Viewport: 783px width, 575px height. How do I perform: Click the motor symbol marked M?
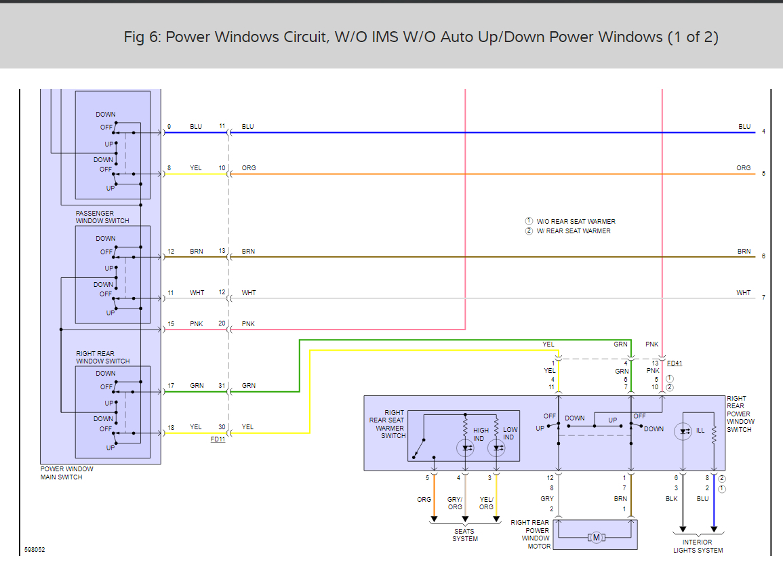coord(597,538)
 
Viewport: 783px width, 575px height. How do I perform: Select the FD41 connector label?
coord(675,363)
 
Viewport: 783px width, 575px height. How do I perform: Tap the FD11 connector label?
coord(218,439)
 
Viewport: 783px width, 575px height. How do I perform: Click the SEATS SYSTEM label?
coord(465,535)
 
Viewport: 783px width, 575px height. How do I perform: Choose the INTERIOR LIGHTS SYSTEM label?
coord(698,546)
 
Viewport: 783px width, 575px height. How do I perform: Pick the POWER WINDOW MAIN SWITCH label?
coord(66,473)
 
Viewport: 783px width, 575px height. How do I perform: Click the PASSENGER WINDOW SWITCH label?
coord(102,217)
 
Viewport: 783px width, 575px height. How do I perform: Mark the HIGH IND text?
coord(481,434)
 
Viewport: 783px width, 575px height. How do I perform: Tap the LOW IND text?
coord(510,433)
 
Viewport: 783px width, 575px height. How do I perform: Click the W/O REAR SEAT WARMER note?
coord(576,222)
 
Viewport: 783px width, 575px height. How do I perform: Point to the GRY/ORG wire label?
coord(454,503)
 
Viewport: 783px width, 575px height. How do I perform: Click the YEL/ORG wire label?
coord(486,503)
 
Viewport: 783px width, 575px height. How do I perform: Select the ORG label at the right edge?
coord(744,168)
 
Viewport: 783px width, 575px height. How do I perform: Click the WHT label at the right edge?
coord(744,293)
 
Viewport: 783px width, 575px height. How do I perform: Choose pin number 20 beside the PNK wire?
coord(222,323)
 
